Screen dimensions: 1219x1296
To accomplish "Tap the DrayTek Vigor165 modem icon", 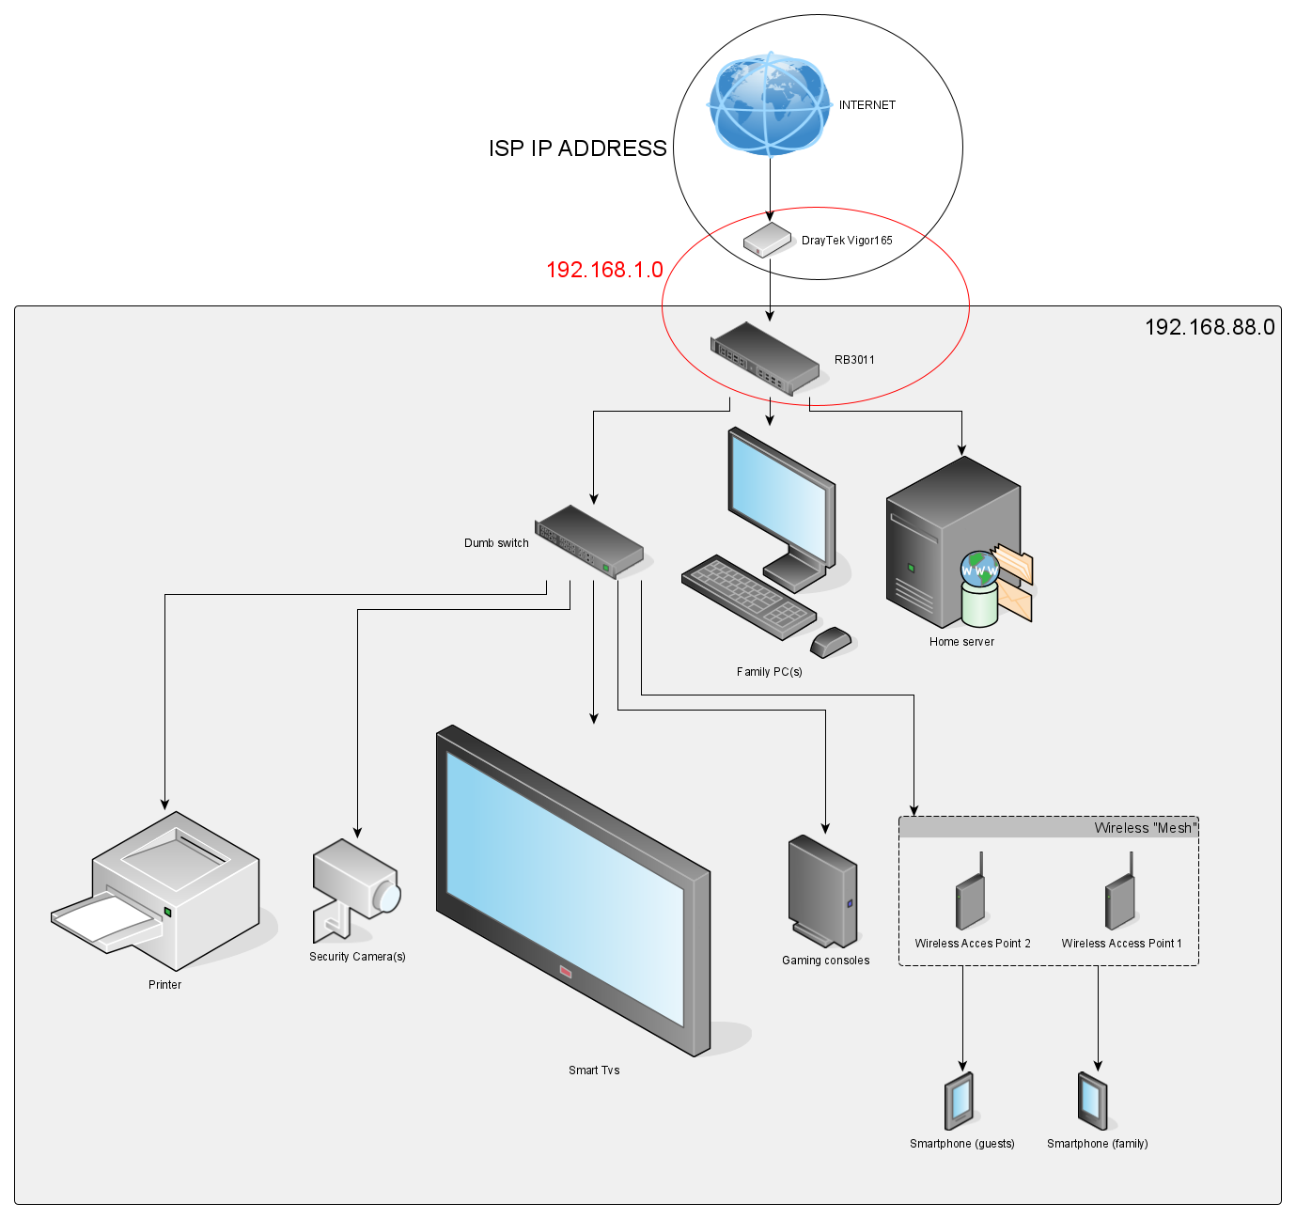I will coord(768,240).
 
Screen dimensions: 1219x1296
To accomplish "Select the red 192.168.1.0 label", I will coord(604,270).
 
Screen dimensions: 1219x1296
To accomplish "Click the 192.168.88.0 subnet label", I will coord(1209,327).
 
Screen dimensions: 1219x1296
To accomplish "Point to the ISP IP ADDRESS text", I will coord(577,148).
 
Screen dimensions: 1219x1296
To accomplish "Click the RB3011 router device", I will coord(765,358).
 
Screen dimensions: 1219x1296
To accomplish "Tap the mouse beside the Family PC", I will coord(831,642).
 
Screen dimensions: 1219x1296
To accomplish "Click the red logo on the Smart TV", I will coord(566,972).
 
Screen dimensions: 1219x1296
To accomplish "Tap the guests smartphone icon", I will coord(959,1101).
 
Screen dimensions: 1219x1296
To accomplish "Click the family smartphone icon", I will coord(1093,1101).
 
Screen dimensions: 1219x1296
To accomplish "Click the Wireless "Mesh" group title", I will coord(1145,828).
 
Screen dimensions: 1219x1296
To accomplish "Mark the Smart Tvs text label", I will coord(594,1071).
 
